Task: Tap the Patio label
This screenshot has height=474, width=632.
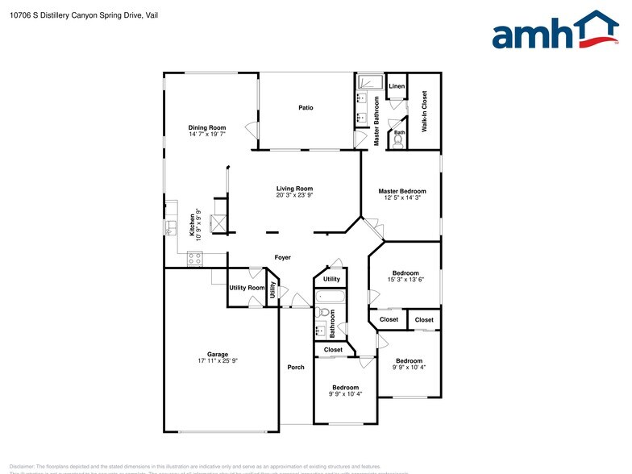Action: point(306,107)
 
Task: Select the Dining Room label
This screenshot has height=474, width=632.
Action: point(207,127)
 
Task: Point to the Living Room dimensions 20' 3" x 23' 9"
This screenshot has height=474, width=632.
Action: point(294,195)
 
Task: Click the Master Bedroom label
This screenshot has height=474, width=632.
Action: point(402,191)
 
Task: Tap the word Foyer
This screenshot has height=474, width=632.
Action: point(282,258)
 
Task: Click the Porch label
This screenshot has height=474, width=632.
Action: point(296,368)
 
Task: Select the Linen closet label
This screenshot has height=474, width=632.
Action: point(397,86)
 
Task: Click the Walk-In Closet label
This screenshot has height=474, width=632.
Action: point(425,112)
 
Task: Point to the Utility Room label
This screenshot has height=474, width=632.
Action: point(247,288)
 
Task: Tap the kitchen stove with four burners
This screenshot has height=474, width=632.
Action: point(194,258)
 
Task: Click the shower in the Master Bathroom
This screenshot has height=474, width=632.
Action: point(371,83)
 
